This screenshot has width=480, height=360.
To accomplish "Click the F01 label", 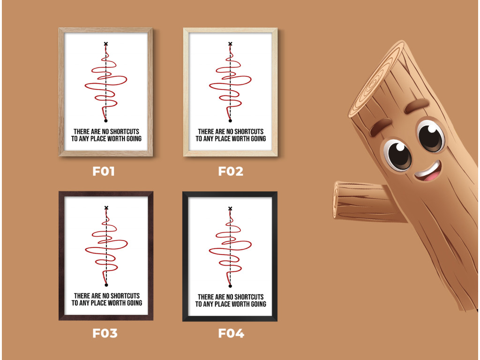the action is pos(104,171).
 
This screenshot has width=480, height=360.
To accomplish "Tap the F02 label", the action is pos(231,171).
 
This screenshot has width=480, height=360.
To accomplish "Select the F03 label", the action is pos(105,333).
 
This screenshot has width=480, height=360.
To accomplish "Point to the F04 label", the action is pos(231,333).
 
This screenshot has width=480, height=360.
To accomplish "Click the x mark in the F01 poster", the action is pos(106,44).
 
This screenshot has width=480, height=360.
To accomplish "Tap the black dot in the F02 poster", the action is pos(230,120).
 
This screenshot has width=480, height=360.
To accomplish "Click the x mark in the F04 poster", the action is pos(230,209).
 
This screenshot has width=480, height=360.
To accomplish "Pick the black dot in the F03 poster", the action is pos(106,285).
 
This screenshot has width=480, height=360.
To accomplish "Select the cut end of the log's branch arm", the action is pos(337,199).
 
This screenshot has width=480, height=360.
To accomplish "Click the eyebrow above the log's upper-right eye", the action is pos(417,105).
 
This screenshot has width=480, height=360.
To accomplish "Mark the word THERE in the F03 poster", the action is pos(82,296).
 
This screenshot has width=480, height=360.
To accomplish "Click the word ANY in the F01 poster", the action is pos(84,139).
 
